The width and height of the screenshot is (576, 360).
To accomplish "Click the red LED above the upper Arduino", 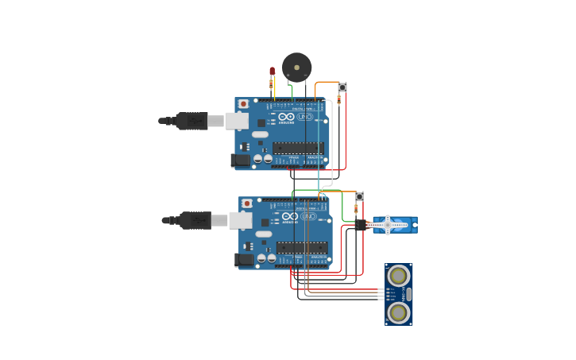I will tap(272, 72).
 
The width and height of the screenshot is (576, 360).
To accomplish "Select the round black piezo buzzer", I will tap(296, 68).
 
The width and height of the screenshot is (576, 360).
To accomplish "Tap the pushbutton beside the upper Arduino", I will tap(342, 87).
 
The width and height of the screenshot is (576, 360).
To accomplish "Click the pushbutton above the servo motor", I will tap(359, 197).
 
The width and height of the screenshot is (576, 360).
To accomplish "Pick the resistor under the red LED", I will tap(272, 83).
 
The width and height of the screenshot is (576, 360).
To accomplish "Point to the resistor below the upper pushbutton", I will tap(339, 100).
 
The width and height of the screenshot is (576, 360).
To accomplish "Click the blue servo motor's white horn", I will tap(388, 226).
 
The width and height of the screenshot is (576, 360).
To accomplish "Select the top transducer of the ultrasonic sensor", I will tap(398, 277).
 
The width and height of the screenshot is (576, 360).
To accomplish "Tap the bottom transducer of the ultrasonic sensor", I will tap(398, 312).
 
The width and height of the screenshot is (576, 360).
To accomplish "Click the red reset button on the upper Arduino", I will tap(243, 104).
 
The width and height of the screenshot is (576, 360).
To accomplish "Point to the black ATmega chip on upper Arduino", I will tap(298, 148).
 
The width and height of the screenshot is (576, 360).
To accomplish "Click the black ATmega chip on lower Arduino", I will tap(302, 247).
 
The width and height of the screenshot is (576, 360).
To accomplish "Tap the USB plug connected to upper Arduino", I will tap(191, 121).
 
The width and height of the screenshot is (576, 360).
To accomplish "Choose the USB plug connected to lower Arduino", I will tap(195, 220).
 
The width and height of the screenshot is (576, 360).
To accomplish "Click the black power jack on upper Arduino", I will tap(240, 161).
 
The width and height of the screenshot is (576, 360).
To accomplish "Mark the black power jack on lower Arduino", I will tap(244, 260).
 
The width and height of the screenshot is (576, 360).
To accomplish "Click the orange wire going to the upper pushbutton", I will tap(326, 82).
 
